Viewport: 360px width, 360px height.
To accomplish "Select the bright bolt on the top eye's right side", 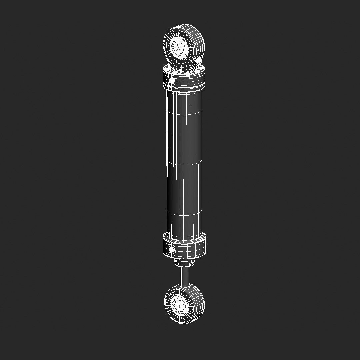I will (x=199, y=61).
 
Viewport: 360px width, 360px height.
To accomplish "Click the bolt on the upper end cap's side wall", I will (x=172, y=81).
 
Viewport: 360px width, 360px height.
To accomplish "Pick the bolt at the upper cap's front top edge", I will (x=187, y=76).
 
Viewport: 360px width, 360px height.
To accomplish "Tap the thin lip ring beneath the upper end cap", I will (x=184, y=91).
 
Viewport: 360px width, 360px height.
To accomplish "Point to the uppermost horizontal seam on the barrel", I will (x=184, y=112).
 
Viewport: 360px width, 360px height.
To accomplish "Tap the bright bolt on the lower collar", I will (x=172, y=250).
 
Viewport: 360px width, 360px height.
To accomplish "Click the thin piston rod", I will (x=184, y=277).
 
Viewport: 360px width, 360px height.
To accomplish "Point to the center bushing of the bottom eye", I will (x=178, y=304).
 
